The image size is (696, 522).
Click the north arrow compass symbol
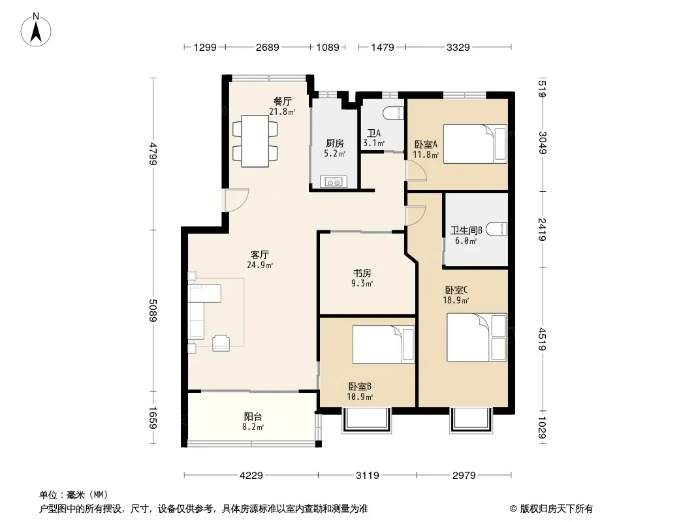click(36, 30)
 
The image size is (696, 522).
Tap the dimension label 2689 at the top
click(268, 47)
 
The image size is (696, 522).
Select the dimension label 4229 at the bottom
click(251, 476)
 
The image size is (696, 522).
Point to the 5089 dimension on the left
click(153, 311)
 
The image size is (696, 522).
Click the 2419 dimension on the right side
click(542, 229)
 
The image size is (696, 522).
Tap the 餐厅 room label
click(282, 102)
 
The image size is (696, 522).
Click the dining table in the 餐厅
click(255, 141)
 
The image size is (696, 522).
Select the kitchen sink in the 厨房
click(333, 182)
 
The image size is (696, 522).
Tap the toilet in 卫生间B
click(496, 229)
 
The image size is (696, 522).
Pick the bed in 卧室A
click(475, 144)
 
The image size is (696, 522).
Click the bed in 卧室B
click(383, 345)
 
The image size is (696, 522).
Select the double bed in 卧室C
click(477, 337)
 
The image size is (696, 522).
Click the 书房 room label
click(362, 273)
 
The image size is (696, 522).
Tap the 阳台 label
click(253, 416)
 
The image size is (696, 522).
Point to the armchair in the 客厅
click(221, 343)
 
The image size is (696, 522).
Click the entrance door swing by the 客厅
click(236, 200)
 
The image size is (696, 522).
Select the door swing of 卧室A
click(416, 171)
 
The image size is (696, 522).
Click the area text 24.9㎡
click(260, 265)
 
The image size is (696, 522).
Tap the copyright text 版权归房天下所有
click(556, 509)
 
